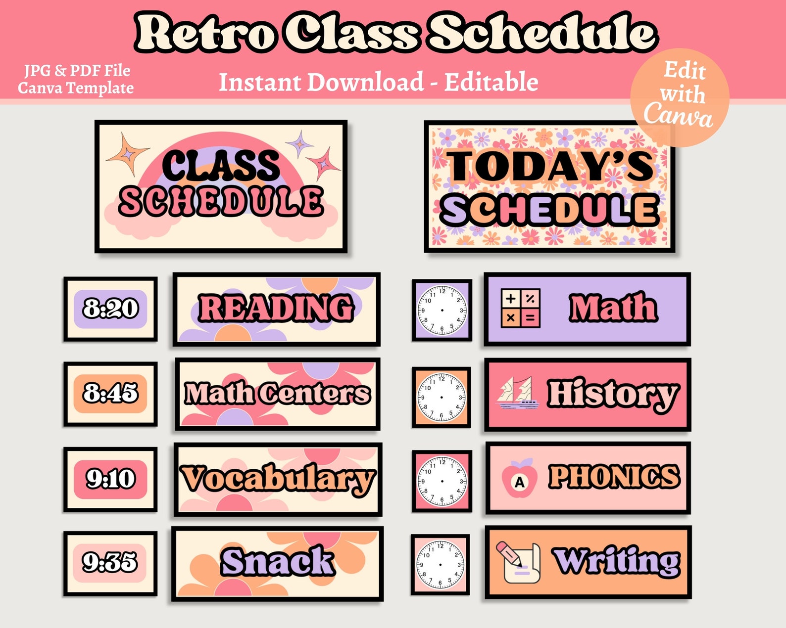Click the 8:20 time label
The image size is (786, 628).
110,309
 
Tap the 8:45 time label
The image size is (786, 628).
110,393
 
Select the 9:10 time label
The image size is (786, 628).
110,479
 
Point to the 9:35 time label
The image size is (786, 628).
110,562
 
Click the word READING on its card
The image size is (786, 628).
276,308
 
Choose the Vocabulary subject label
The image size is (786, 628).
278,479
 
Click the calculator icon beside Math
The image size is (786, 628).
521,309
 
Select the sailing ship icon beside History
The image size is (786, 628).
518,393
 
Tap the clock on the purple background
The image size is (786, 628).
442,310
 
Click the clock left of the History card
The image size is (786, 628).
442,397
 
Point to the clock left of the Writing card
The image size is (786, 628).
440,564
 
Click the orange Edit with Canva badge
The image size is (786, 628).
680,97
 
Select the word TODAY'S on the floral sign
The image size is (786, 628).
550,166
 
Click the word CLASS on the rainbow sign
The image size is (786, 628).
221,166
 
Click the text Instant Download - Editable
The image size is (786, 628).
378,82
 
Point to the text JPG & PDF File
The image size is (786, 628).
77,71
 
